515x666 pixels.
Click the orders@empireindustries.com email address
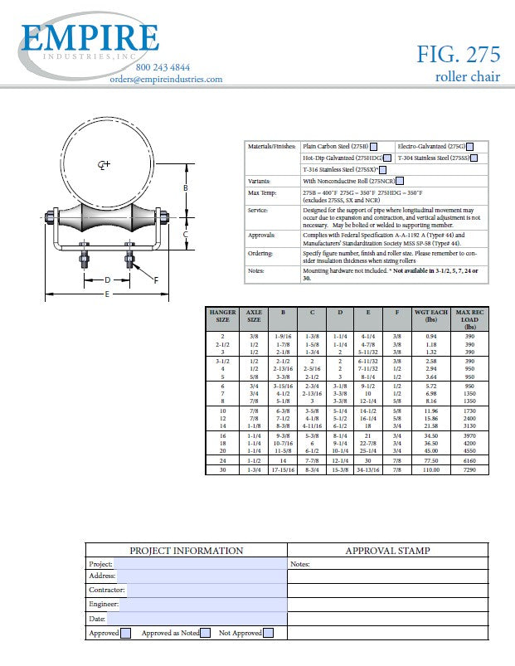tap(166, 79)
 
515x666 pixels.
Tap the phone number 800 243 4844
tap(162, 67)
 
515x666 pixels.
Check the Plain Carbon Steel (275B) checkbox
tap(375, 146)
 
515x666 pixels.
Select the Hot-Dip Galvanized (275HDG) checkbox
tap(387, 158)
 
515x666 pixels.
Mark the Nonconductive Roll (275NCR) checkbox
tap(401, 181)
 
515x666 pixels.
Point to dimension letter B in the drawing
tap(186, 188)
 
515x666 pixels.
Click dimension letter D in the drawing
tap(107, 280)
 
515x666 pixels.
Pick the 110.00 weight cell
tap(430, 469)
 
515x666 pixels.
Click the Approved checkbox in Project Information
tap(126, 634)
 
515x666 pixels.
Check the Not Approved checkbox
tap(268, 634)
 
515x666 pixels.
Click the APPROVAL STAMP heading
tap(387, 550)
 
